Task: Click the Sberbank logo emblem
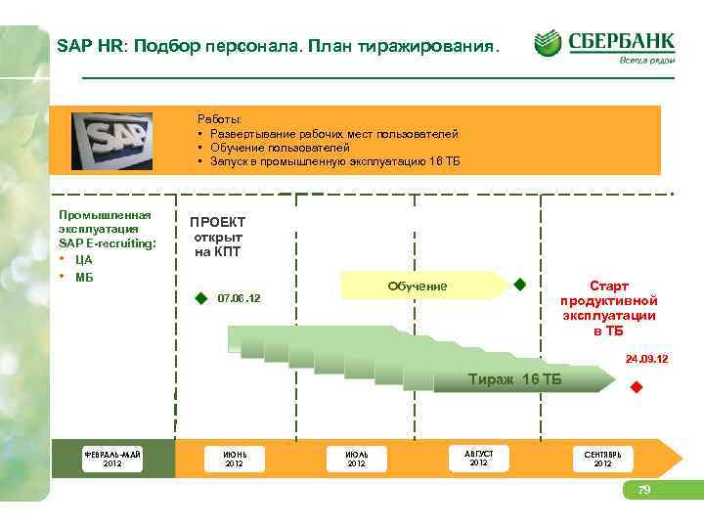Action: [x=549, y=43]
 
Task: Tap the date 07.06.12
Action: [x=239, y=296]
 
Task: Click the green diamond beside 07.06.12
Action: [x=200, y=297]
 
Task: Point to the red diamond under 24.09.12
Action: [x=635, y=388]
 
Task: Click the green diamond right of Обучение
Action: [x=520, y=285]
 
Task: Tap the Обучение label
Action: [x=418, y=286]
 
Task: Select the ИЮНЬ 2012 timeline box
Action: [x=234, y=458]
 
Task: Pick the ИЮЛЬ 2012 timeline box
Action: [x=356, y=458]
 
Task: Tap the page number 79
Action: [x=643, y=489]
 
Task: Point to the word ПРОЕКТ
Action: [x=217, y=222]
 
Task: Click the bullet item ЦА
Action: [x=83, y=259]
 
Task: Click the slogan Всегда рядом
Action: [x=645, y=60]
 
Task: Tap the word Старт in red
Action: [x=608, y=285]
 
